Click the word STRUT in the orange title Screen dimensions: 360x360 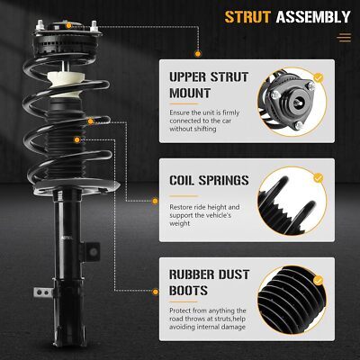point(247,17)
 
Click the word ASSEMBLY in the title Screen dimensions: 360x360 point(313,17)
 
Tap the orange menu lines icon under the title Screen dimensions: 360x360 point(344,38)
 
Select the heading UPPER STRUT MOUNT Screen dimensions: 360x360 point(209,85)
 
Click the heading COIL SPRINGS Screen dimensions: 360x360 point(209,180)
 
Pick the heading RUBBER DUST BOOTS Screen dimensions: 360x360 point(209,283)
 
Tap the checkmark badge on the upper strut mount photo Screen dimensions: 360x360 point(319,78)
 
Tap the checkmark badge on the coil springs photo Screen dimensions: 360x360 point(319,177)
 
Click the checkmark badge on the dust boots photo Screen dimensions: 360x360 point(319,281)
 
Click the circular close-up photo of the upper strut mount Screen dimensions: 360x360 point(292,103)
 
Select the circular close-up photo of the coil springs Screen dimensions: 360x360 point(292,201)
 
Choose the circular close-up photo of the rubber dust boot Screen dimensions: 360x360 point(292,301)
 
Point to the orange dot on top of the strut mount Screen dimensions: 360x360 point(68,25)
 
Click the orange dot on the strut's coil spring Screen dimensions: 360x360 point(91,121)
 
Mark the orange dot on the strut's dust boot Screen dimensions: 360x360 point(77,139)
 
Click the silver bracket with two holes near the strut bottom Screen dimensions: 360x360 point(43,292)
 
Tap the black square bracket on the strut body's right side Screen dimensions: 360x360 point(91,252)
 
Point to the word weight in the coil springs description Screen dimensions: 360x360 point(180,223)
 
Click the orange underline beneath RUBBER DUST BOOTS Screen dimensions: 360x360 point(184,301)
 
